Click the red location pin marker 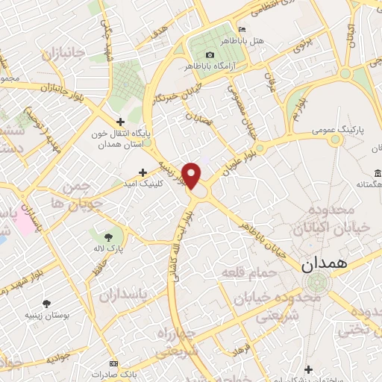coord(192,175)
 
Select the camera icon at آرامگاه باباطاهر coord(209,55)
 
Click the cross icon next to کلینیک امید coord(143,172)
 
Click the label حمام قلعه coord(249,273)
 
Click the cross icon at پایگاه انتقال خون coord(120,120)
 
